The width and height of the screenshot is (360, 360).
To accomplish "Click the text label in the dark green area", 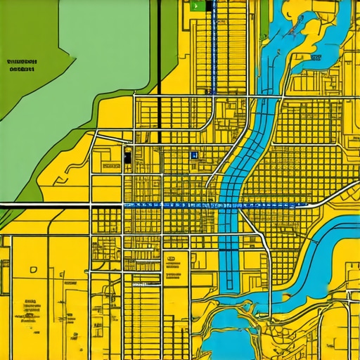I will [x=22, y=66].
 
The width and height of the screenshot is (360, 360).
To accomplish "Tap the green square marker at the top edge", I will [x=196, y=5].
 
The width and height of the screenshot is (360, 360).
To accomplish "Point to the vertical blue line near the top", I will [x=210, y=49].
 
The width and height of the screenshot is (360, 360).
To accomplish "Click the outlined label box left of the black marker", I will [x=111, y=167].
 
